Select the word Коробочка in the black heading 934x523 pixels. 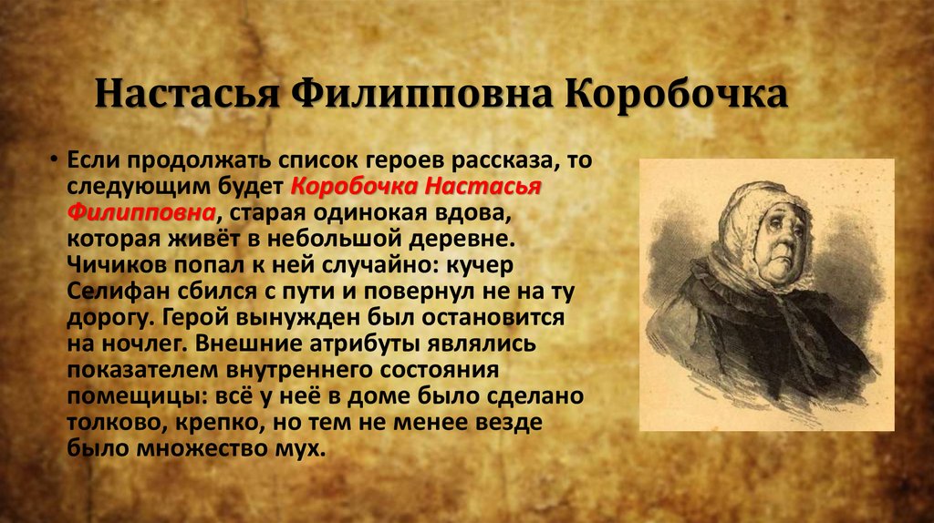point(676,94)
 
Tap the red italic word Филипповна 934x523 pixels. point(141,211)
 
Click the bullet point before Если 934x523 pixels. point(54,159)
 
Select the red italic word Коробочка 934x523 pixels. point(355,186)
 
